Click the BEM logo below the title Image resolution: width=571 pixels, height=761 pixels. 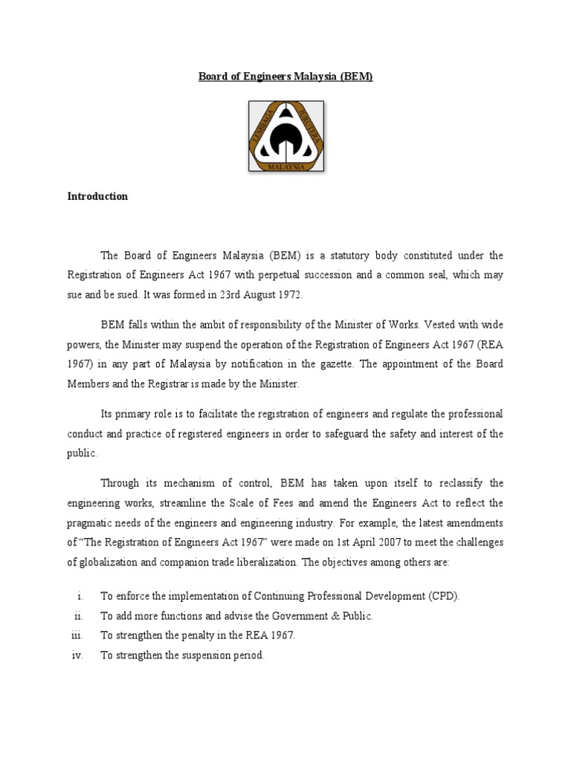coord(285,136)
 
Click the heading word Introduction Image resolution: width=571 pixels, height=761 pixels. coord(97,197)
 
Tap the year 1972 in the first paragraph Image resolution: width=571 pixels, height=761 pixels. coord(289,295)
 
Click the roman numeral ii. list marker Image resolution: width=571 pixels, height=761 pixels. coord(78,616)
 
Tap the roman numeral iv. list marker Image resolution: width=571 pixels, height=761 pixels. coord(77,655)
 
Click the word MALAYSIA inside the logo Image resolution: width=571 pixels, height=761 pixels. coord(285,167)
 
